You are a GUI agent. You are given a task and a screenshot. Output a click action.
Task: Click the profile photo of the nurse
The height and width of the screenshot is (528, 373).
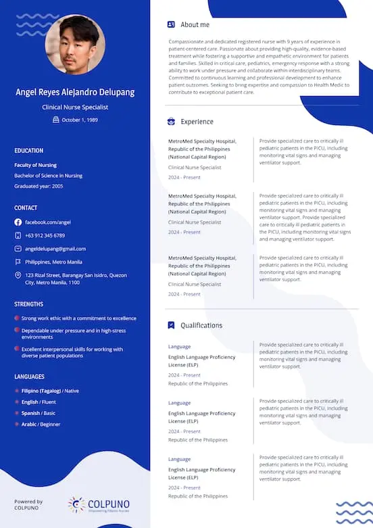75,45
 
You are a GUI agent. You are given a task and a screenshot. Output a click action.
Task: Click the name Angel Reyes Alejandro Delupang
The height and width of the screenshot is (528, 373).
75,92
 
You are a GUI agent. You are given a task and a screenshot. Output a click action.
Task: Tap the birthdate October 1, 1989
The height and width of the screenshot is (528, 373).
80,120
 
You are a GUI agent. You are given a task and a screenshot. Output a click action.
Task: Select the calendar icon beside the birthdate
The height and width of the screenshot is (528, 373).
56,120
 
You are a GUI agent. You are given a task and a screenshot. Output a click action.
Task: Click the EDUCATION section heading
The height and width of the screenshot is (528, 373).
28,151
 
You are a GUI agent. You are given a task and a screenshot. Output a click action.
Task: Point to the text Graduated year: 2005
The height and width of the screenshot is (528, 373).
39,186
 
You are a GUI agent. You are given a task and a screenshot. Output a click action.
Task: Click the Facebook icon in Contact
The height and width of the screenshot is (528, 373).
18,222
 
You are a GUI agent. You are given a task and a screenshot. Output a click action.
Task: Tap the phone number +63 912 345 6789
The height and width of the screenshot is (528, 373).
45,235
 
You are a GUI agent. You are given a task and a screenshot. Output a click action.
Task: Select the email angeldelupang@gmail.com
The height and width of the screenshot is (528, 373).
55,249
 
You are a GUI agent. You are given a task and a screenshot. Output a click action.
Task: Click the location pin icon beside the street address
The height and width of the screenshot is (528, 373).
18,275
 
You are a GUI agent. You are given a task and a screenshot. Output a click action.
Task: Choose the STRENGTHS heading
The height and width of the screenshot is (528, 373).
28,304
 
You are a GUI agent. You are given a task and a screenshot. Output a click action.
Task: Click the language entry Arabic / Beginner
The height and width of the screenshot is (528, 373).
41,425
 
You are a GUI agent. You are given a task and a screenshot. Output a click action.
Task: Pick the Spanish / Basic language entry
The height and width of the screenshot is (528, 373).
39,413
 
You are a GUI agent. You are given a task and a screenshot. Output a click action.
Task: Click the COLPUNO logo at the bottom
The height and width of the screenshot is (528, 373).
99,505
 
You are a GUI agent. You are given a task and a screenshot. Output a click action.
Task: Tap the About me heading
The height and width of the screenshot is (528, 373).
195,25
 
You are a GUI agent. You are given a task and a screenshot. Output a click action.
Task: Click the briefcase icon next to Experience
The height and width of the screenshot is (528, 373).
171,122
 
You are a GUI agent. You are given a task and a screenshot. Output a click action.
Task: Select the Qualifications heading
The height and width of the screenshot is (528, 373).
201,325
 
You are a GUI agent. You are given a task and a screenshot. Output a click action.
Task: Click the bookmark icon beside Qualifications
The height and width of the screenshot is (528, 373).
171,325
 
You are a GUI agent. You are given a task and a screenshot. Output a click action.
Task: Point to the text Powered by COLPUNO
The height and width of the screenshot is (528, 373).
28,504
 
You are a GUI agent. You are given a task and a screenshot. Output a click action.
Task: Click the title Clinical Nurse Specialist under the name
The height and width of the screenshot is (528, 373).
75,107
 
